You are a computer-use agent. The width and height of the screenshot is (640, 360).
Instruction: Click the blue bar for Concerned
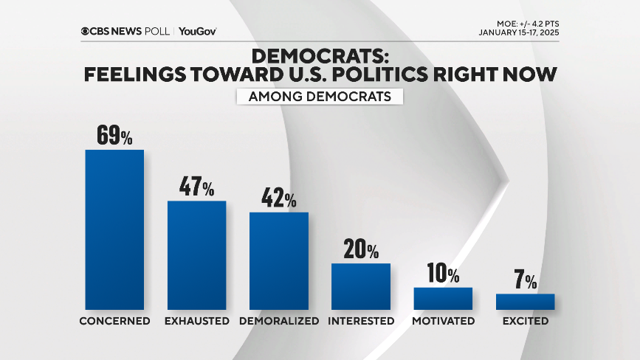(114, 229)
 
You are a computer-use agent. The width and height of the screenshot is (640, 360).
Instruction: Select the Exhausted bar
(196, 255)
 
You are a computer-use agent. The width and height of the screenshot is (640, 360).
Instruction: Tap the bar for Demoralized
(278, 260)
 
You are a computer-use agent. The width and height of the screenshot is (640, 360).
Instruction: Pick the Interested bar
(360, 285)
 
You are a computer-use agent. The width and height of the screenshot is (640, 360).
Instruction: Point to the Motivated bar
(442, 298)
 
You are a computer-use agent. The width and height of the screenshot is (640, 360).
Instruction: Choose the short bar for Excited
(525, 301)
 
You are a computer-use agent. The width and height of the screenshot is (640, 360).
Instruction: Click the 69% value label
(114, 136)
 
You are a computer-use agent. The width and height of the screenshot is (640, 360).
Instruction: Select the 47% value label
(196, 187)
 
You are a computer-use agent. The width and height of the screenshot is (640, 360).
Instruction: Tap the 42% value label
(278, 198)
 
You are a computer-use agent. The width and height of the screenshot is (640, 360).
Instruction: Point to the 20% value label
(360, 249)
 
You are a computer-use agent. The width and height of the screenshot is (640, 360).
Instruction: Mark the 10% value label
(442, 274)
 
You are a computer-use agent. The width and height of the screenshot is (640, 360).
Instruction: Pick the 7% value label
(526, 281)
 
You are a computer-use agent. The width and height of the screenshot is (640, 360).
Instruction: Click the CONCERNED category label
(114, 321)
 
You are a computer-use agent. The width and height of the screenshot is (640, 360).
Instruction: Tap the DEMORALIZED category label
(279, 321)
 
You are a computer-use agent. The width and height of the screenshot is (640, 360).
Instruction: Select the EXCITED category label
(525, 321)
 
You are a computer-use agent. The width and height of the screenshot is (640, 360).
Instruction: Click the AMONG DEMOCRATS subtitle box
(320, 96)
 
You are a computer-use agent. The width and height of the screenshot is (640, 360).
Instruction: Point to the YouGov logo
(197, 31)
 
